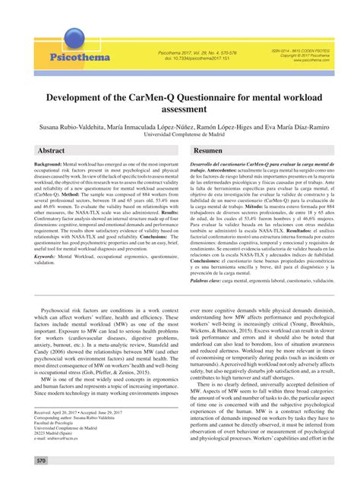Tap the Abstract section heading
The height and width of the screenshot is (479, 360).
[x=52, y=151]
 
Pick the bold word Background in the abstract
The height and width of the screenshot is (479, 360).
[x=47, y=164]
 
